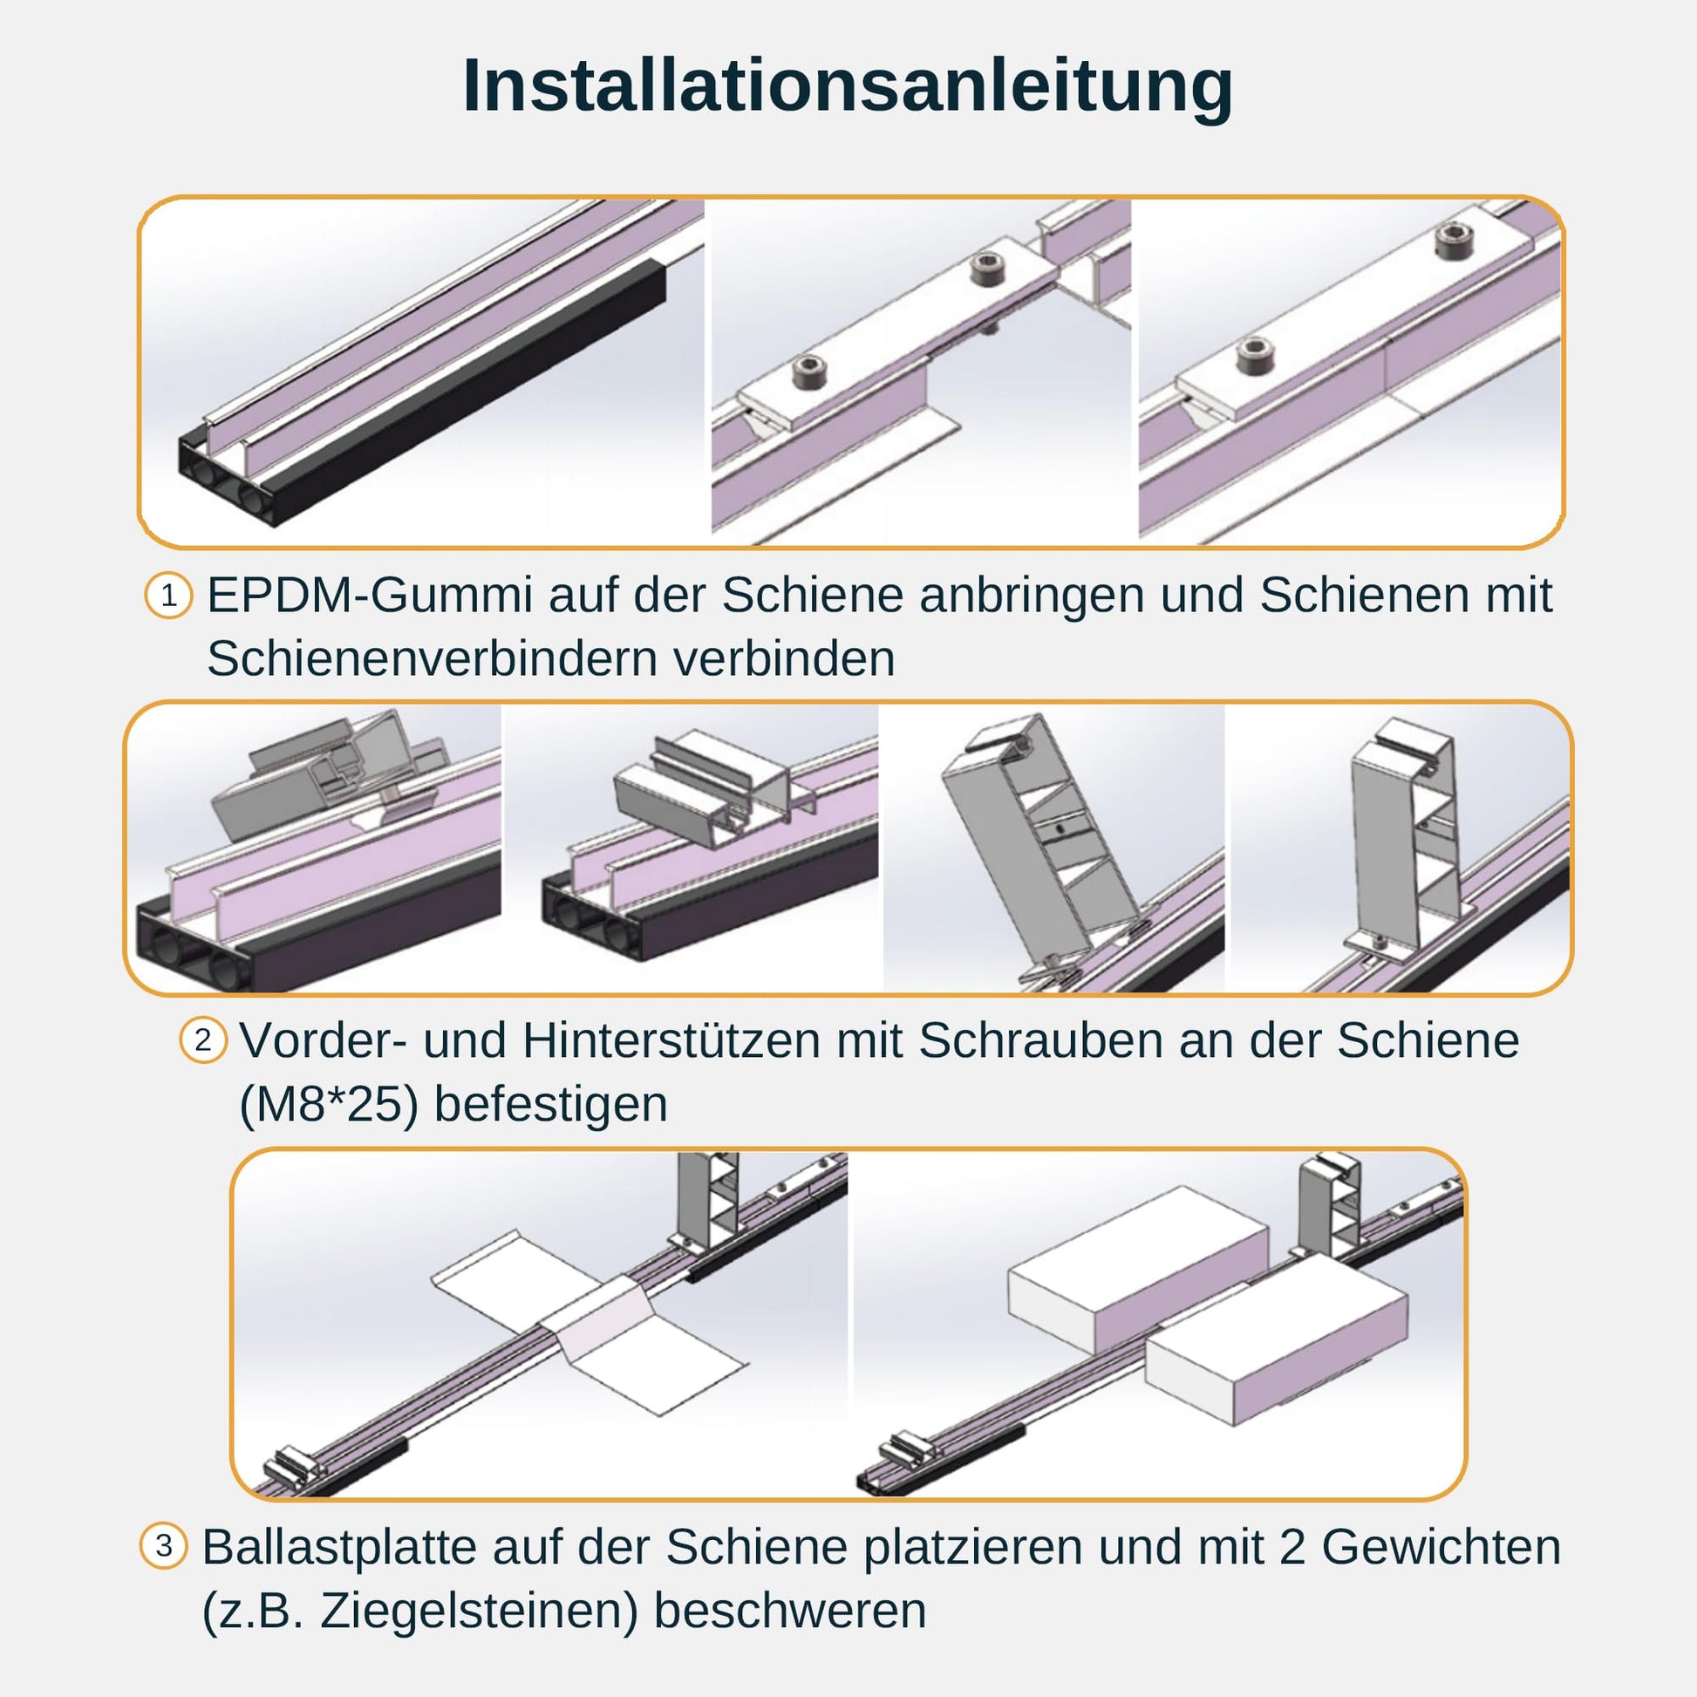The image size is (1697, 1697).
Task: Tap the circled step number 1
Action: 168,596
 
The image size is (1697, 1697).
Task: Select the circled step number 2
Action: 203,1040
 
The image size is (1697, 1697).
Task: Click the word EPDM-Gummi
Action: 370,596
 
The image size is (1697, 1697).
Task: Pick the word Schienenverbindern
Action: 432,658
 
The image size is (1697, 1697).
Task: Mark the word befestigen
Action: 552,1104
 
